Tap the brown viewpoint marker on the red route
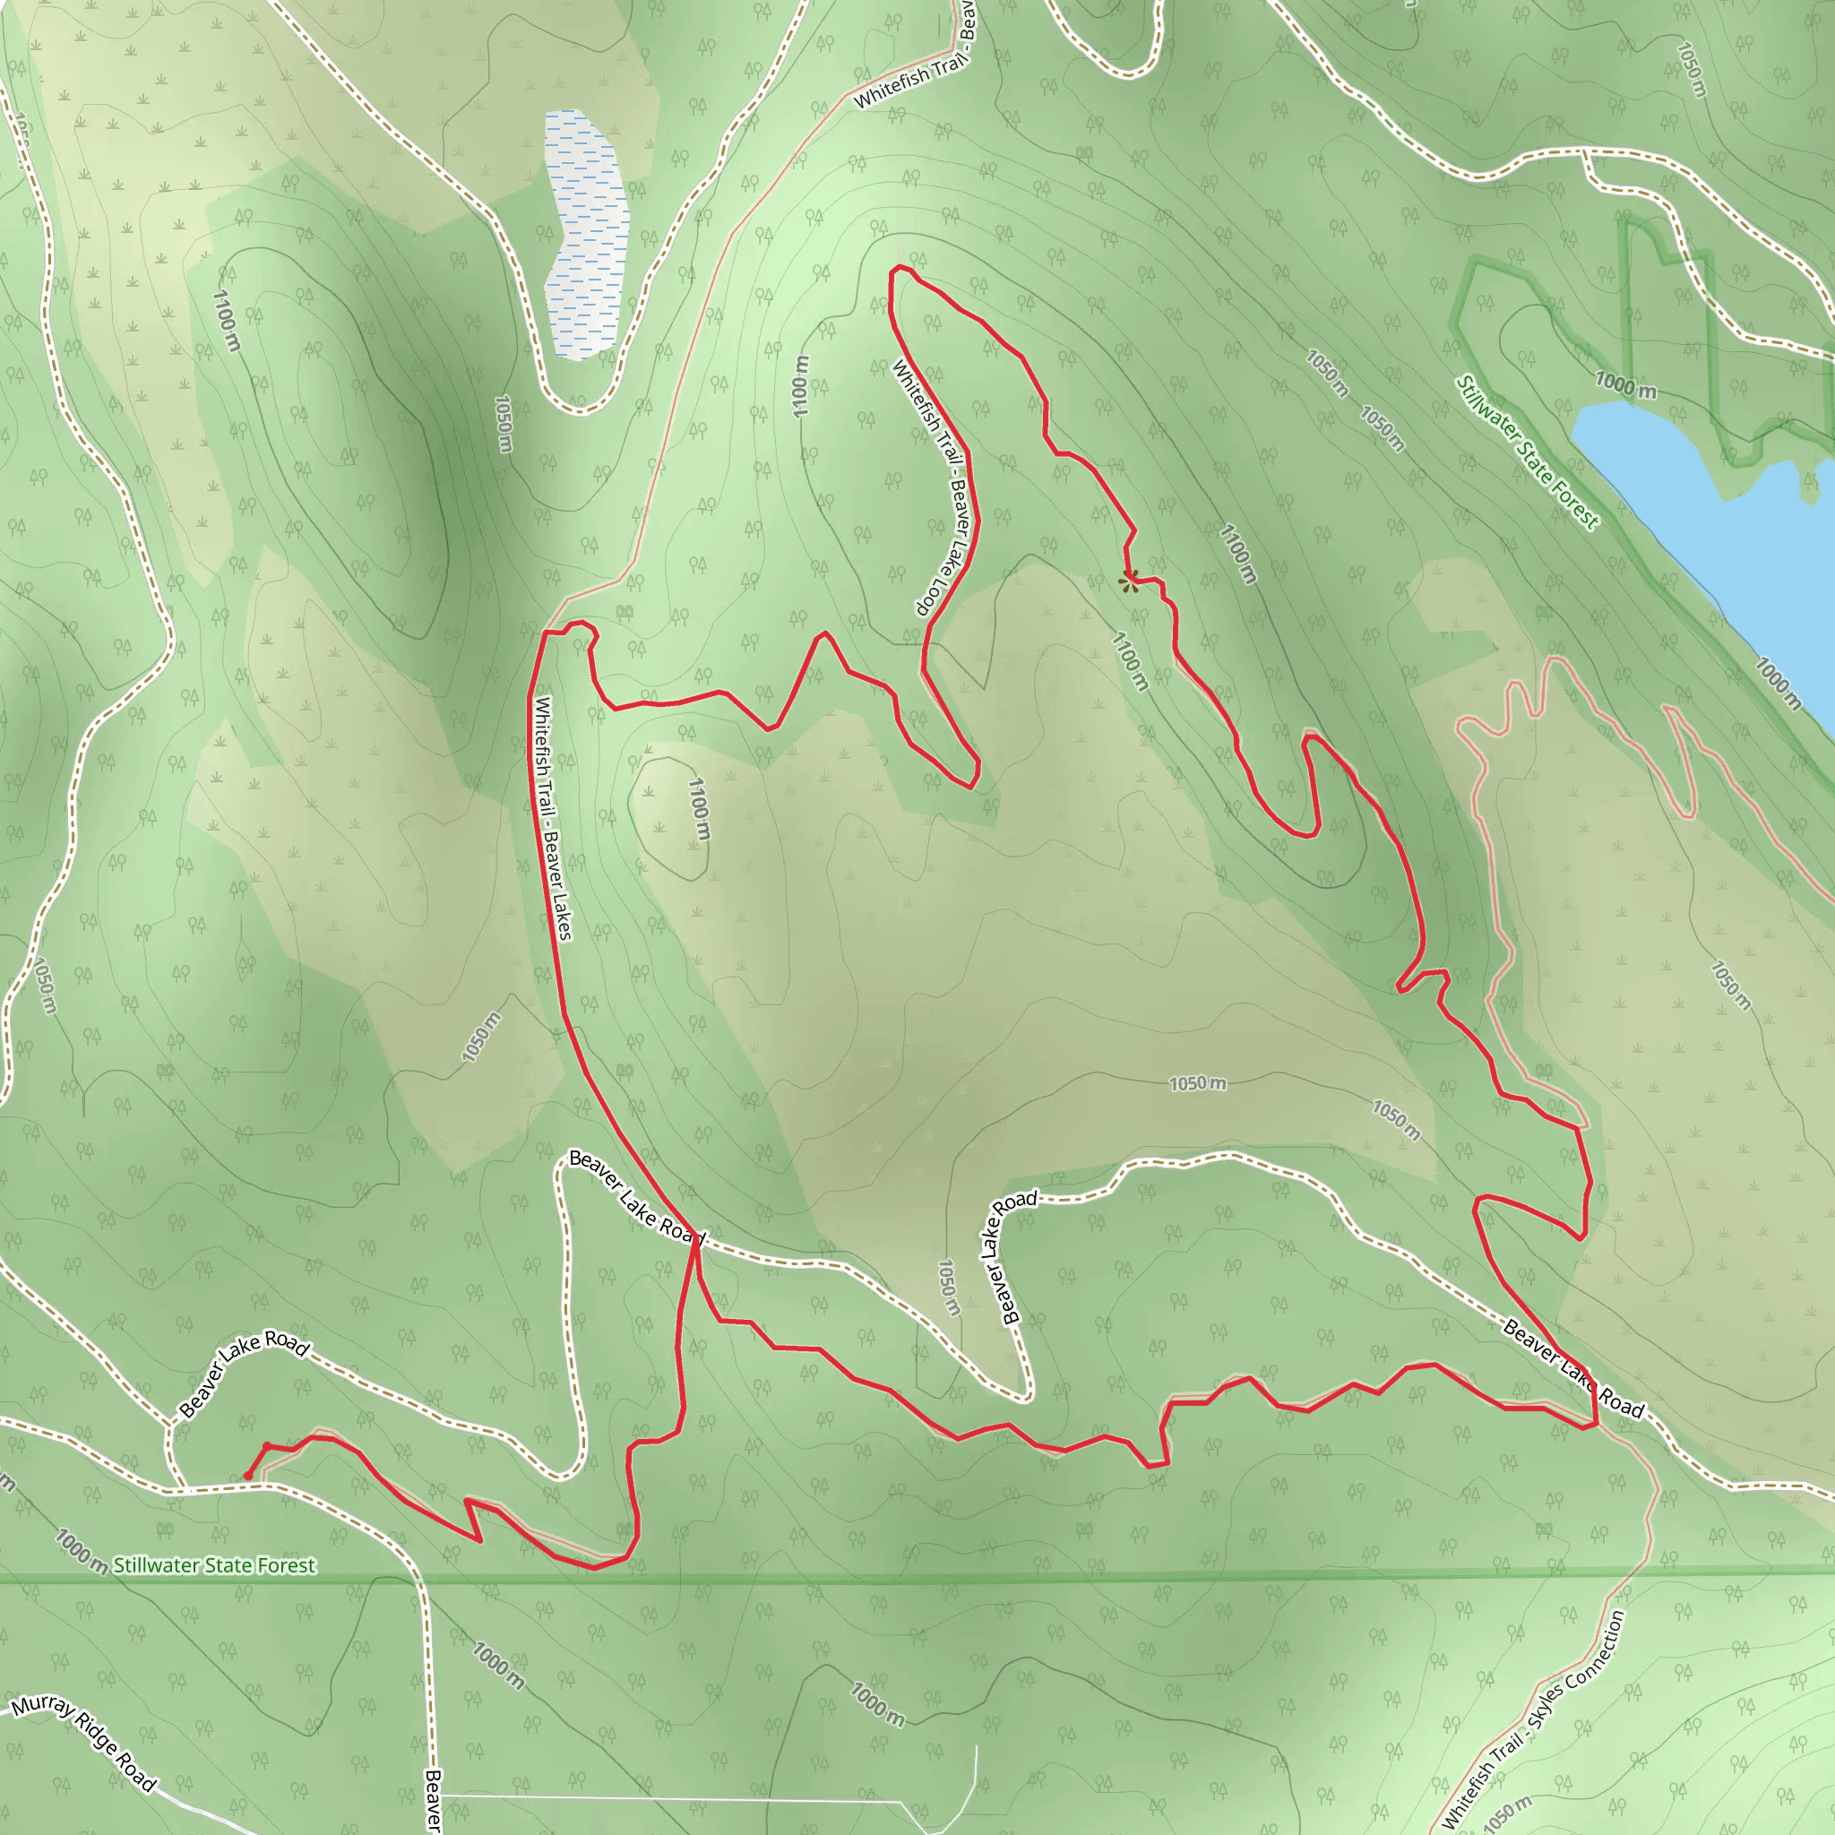point(1128,582)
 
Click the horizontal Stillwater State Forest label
point(215,1565)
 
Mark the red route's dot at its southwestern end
point(248,1475)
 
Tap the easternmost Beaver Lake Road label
point(1572,1369)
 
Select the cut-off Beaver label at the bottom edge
point(433,1801)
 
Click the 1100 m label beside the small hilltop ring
point(698,809)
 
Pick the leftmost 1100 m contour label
point(225,321)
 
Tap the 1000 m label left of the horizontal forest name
point(80,1550)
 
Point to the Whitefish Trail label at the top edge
point(909,80)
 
